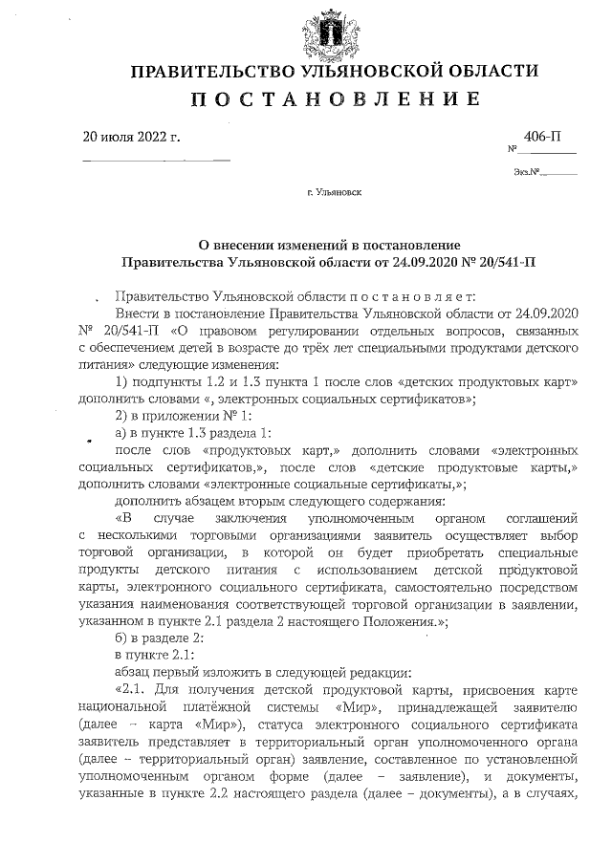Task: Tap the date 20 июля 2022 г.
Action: click(x=132, y=136)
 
